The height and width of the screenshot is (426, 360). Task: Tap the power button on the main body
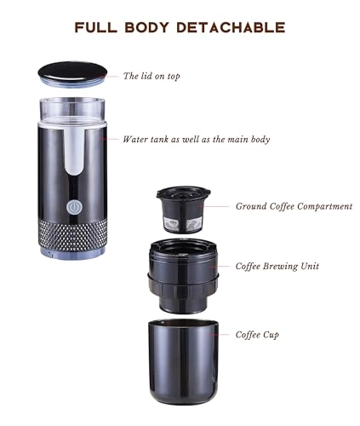point(73,207)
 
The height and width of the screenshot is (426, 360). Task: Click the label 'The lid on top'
point(151,76)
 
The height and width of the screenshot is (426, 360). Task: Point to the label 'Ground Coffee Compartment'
point(293,206)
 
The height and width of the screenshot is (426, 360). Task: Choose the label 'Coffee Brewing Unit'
point(277,266)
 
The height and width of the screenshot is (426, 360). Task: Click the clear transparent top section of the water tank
point(75,115)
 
